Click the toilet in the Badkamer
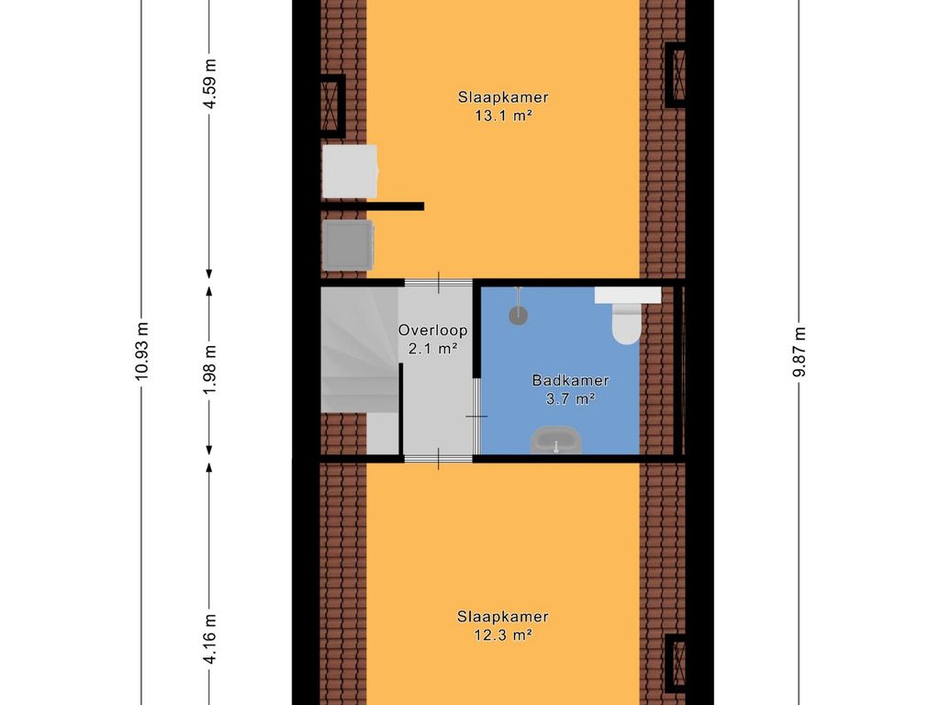click(627, 324)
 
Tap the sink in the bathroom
click(555, 440)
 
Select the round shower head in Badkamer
click(519, 316)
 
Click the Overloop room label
click(433, 330)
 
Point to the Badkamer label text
click(571, 380)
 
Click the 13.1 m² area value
click(504, 116)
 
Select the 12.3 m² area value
click(503, 634)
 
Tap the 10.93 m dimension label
click(141, 352)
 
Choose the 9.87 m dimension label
click(800, 352)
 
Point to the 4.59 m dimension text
click(209, 84)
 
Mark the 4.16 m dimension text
click(209, 639)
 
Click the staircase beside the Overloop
click(360, 350)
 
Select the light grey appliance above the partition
click(350, 172)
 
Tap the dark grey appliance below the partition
click(348, 245)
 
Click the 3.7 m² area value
click(571, 398)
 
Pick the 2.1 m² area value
click(433, 348)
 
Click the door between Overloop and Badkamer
click(477, 416)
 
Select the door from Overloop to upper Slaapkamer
click(439, 283)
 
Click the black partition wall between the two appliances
click(373, 207)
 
